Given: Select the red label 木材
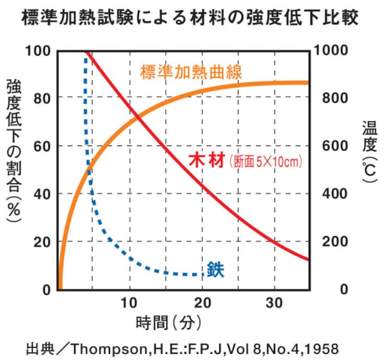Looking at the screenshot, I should [206, 161].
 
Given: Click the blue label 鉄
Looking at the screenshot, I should [216, 270].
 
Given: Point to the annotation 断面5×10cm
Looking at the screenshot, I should [265, 162].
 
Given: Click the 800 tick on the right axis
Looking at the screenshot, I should [329, 98].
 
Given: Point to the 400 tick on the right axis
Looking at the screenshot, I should [329, 194].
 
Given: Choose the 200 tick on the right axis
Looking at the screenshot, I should [329, 242].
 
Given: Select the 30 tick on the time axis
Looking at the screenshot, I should [274, 303].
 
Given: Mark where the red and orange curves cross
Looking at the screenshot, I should [138, 116].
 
